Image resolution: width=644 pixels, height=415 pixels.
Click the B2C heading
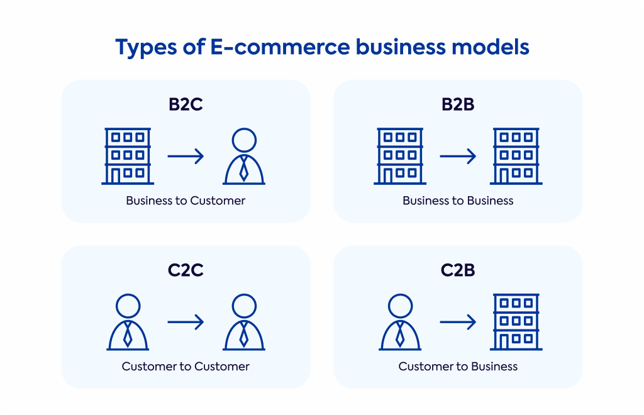(186, 104)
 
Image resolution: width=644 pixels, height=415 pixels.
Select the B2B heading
(458, 104)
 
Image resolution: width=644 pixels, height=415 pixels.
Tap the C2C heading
(186, 270)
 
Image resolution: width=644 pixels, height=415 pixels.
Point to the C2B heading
(458, 270)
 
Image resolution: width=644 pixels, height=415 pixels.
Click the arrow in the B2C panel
(186, 156)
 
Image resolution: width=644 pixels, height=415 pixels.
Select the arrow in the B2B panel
(458, 156)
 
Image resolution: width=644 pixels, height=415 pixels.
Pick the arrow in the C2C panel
(186, 322)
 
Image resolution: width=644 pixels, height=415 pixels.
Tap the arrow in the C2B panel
(458, 322)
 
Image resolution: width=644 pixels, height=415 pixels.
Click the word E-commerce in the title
(280, 47)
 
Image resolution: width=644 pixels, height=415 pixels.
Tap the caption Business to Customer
(186, 201)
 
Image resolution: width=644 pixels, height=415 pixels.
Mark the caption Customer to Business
(458, 366)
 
